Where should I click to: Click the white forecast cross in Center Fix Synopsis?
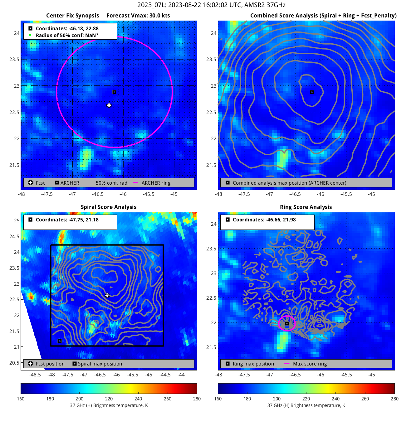(x=109, y=105)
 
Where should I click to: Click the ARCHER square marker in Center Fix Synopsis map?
(x=114, y=92)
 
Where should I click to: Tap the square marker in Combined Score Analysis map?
(x=312, y=92)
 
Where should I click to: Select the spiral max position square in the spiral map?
(x=60, y=341)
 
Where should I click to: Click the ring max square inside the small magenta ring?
(x=287, y=324)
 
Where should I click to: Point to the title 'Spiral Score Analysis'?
(x=109, y=207)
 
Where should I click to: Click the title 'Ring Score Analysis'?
(x=306, y=207)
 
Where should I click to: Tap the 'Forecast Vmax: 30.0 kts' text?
(x=138, y=16)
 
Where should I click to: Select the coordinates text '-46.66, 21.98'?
(x=280, y=220)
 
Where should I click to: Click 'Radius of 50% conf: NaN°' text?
(x=67, y=36)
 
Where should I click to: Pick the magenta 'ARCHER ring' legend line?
(x=135, y=183)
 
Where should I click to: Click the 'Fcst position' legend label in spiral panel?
(x=50, y=364)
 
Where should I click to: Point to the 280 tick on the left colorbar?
(x=197, y=399)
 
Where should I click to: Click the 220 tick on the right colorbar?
(x=306, y=399)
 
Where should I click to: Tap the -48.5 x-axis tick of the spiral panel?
(x=35, y=375)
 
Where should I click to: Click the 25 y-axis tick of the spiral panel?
(x=17, y=221)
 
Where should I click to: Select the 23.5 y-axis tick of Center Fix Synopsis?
(x=14, y=60)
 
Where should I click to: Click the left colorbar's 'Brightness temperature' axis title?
(x=109, y=405)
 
